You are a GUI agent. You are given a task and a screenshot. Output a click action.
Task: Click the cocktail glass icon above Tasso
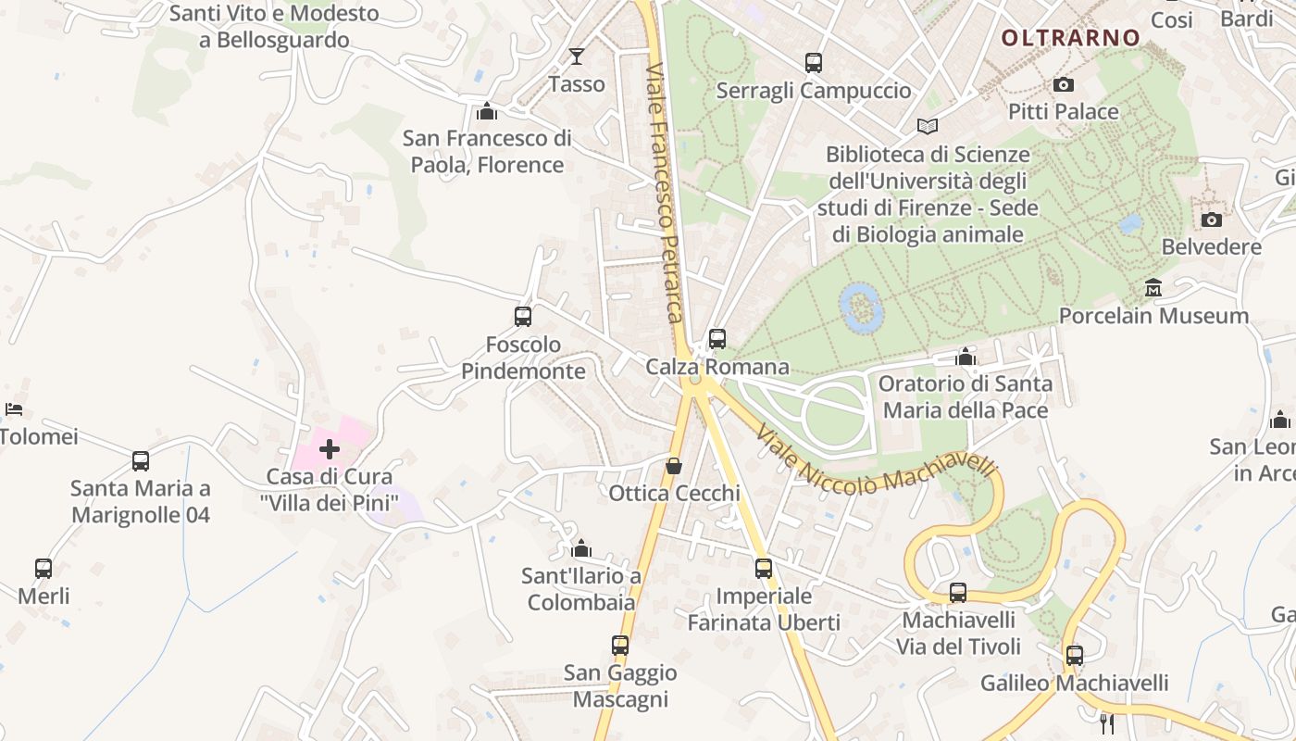[x=577, y=57]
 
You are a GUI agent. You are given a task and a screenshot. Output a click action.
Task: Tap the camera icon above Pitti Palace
[x=1064, y=84]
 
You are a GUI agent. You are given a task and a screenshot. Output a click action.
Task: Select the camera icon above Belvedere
[x=1211, y=220]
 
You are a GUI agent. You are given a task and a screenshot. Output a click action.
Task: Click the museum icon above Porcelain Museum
[x=1153, y=288]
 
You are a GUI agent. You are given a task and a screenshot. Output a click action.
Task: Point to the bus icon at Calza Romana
[x=717, y=339]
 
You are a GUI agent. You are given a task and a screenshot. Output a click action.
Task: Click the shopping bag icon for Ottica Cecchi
[x=674, y=465]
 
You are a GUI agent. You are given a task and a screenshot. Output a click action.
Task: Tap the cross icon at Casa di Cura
[x=330, y=449]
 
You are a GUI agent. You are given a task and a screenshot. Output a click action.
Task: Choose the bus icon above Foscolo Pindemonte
[x=523, y=317]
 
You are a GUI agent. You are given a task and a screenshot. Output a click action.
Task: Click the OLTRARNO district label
[x=1071, y=38]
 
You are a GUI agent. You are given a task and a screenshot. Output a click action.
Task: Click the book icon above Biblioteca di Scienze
[x=928, y=126]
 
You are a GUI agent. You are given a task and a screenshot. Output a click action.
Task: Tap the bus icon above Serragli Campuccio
[x=814, y=63]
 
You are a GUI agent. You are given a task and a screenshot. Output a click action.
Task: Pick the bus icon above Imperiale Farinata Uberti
[x=764, y=568]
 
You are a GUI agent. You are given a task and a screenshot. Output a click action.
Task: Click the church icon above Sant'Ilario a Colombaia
[x=581, y=548]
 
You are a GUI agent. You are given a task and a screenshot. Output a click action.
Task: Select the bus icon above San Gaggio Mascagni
[x=620, y=646]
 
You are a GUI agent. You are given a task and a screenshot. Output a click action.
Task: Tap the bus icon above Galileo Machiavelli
[x=1075, y=656]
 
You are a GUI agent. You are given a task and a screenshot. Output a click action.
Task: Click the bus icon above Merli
[x=44, y=568]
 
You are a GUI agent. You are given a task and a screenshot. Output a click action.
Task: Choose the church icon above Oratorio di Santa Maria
[x=966, y=357]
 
